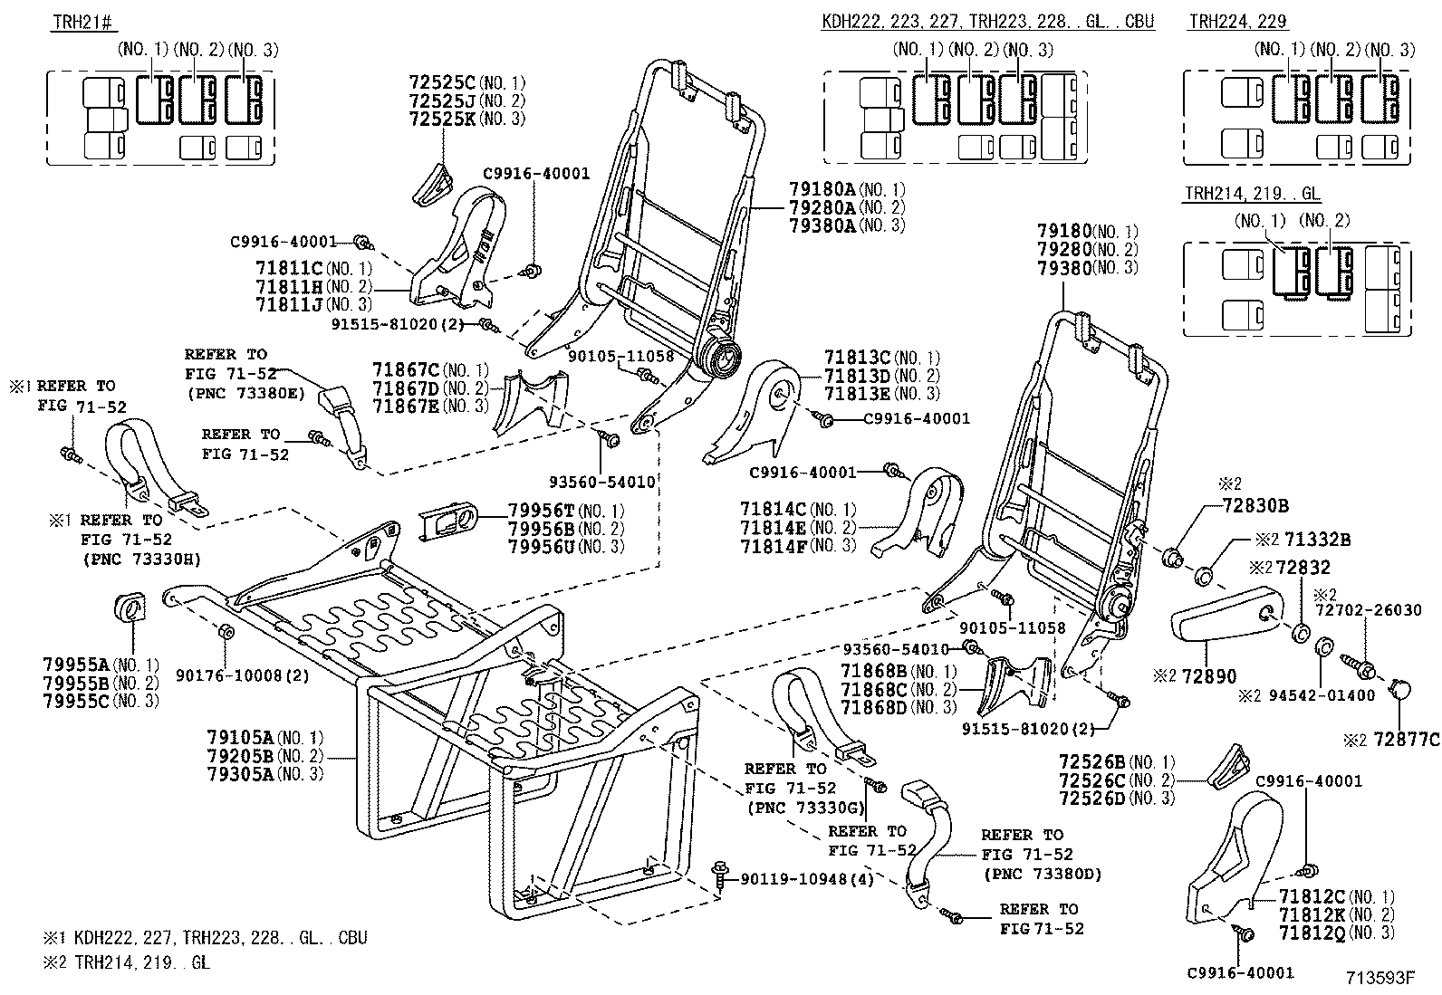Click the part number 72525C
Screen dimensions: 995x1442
pyautogui.click(x=442, y=82)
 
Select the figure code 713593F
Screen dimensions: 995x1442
pyautogui.click(x=1379, y=977)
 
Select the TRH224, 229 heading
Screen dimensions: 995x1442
pyautogui.click(x=1238, y=23)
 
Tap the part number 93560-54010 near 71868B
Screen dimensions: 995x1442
pyautogui.click(x=895, y=649)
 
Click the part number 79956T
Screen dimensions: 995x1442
pyautogui.click(x=541, y=510)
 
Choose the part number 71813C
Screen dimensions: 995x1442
pyautogui.click(x=857, y=358)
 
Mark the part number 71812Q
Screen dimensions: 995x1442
pyautogui.click(x=1312, y=933)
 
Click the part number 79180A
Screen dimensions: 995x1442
pyautogui.click(x=822, y=189)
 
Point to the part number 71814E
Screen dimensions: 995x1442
pyautogui.click(x=773, y=528)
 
